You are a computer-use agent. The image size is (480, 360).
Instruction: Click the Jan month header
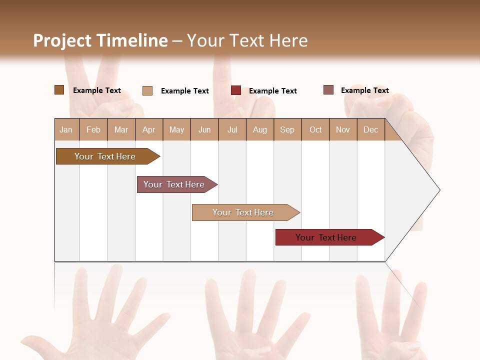[66, 129]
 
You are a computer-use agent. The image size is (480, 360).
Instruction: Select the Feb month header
[93, 129]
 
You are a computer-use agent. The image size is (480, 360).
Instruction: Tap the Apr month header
[148, 129]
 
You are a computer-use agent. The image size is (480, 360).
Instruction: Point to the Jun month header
[204, 129]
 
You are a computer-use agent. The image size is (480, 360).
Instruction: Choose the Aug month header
[259, 129]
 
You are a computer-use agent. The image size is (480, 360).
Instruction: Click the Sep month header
[287, 129]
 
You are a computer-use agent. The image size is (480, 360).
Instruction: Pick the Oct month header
[315, 129]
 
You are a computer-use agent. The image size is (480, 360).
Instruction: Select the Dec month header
[370, 129]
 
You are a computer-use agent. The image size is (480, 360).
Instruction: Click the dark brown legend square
[59, 90]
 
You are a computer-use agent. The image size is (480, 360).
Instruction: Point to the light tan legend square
[147, 90]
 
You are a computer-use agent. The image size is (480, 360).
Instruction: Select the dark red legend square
[235, 90]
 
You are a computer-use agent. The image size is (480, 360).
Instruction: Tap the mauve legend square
[328, 90]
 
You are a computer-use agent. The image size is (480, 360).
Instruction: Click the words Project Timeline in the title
[100, 40]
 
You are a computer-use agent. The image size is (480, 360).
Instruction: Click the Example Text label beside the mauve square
[364, 90]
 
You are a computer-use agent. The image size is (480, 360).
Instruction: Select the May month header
[176, 129]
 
